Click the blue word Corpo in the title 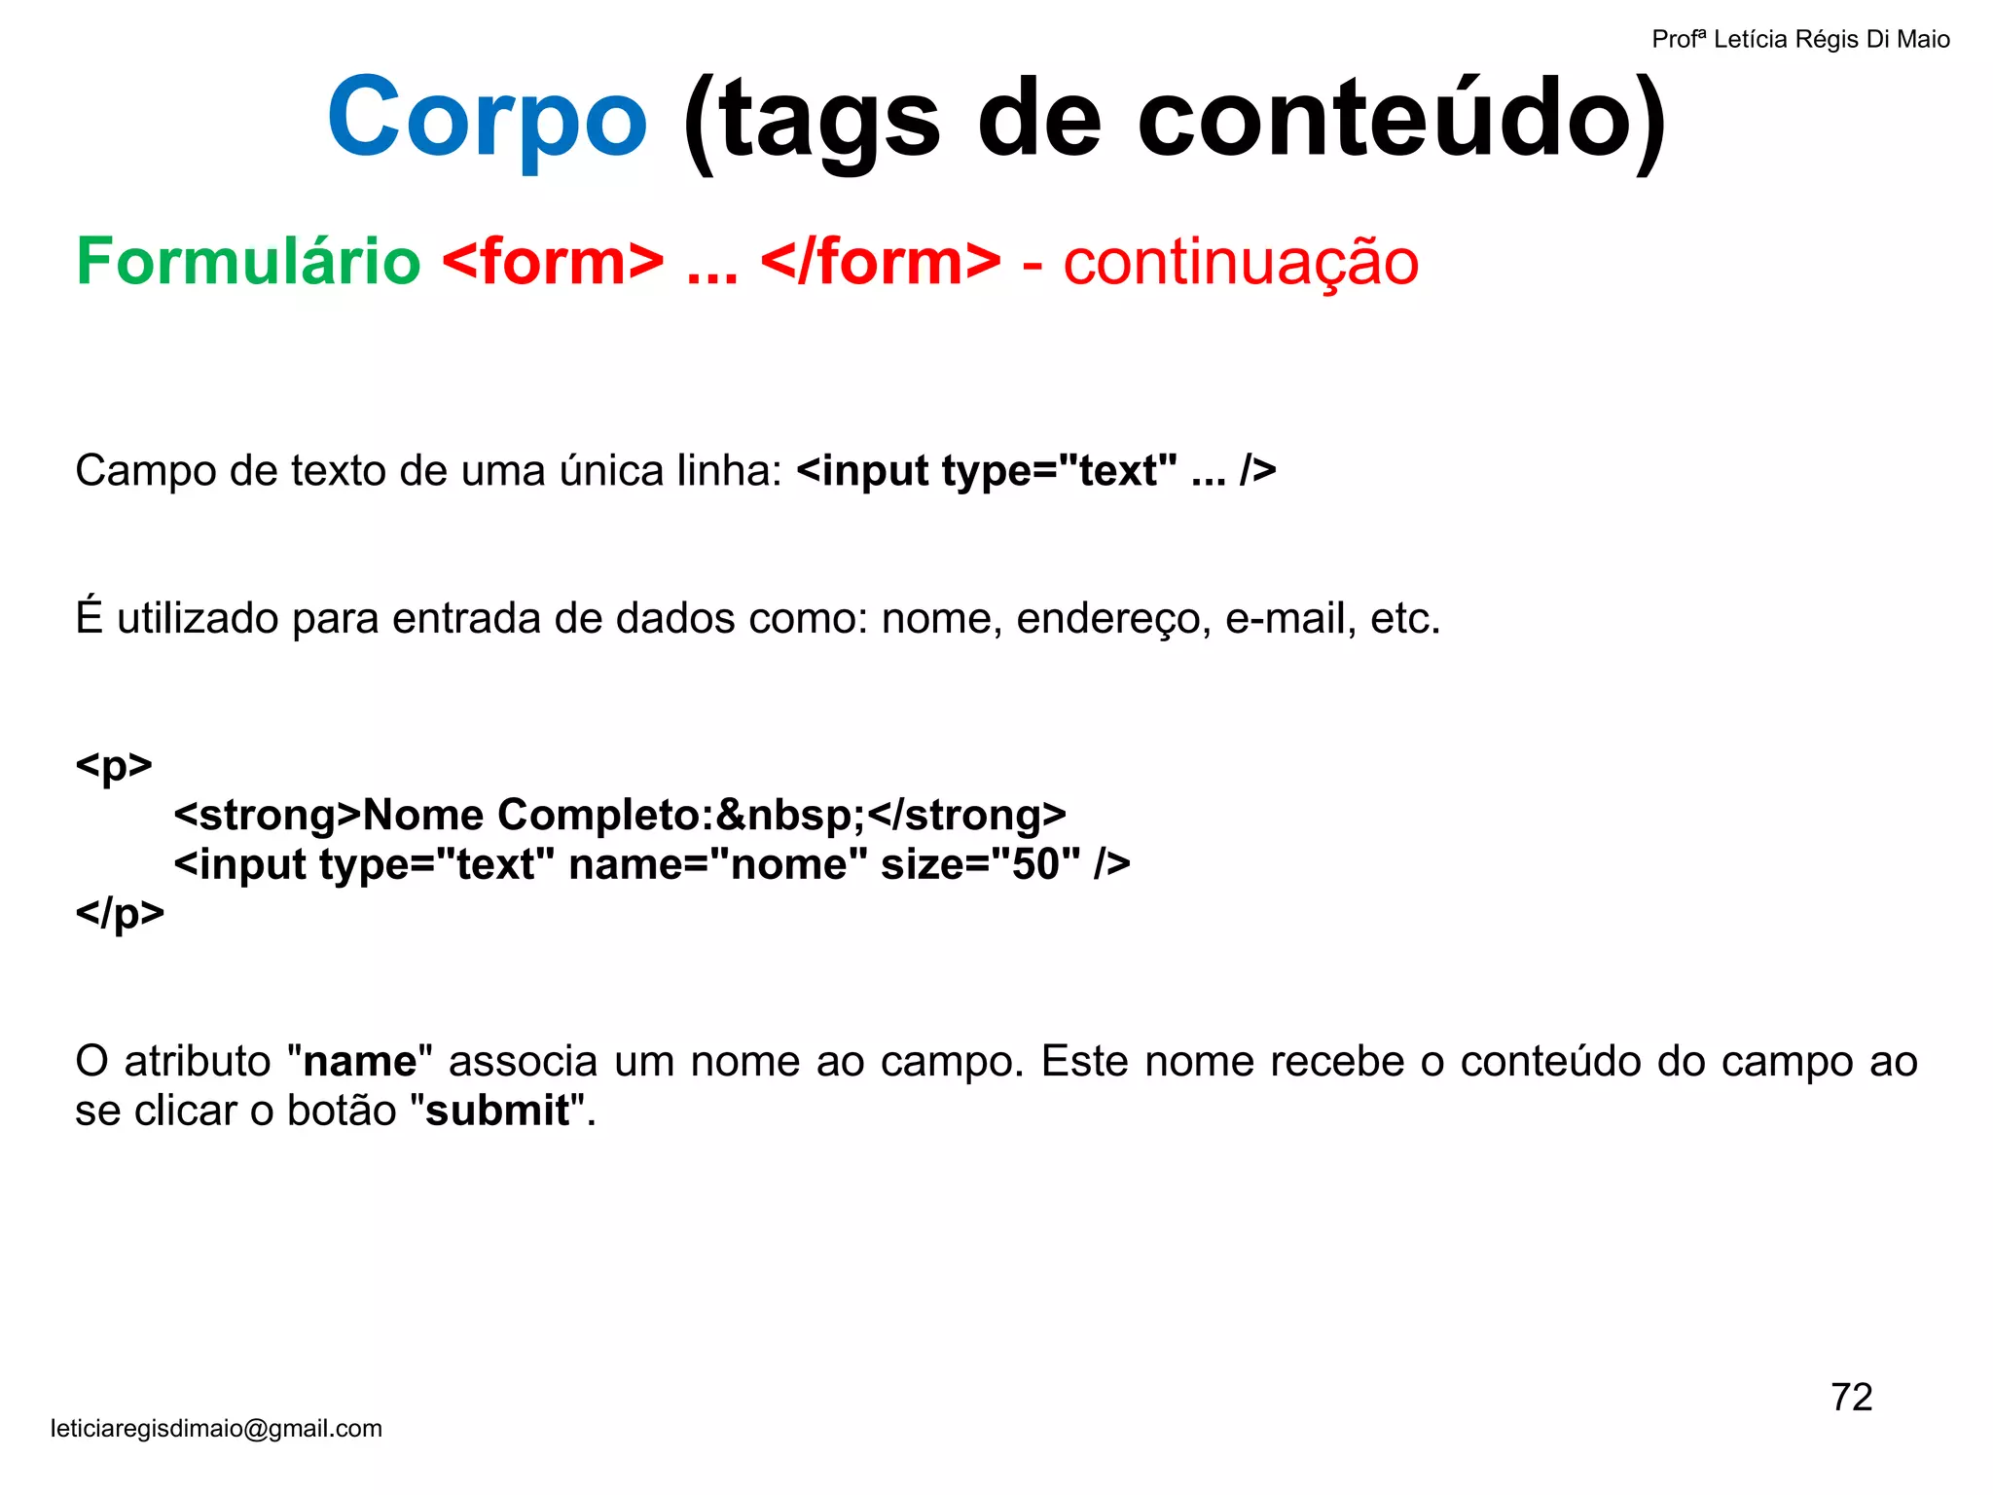point(487,119)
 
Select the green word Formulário point(248,262)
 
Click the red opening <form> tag point(553,262)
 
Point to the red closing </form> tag point(881,262)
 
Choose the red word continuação point(1241,262)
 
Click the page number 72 point(1851,1398)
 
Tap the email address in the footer point(216,1428)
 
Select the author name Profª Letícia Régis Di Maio point(1800,39)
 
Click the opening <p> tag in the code point(114,766)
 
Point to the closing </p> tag point(120,913)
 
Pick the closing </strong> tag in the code point(966,815)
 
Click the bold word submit point(497,1111)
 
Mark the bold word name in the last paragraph point(359,1061)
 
